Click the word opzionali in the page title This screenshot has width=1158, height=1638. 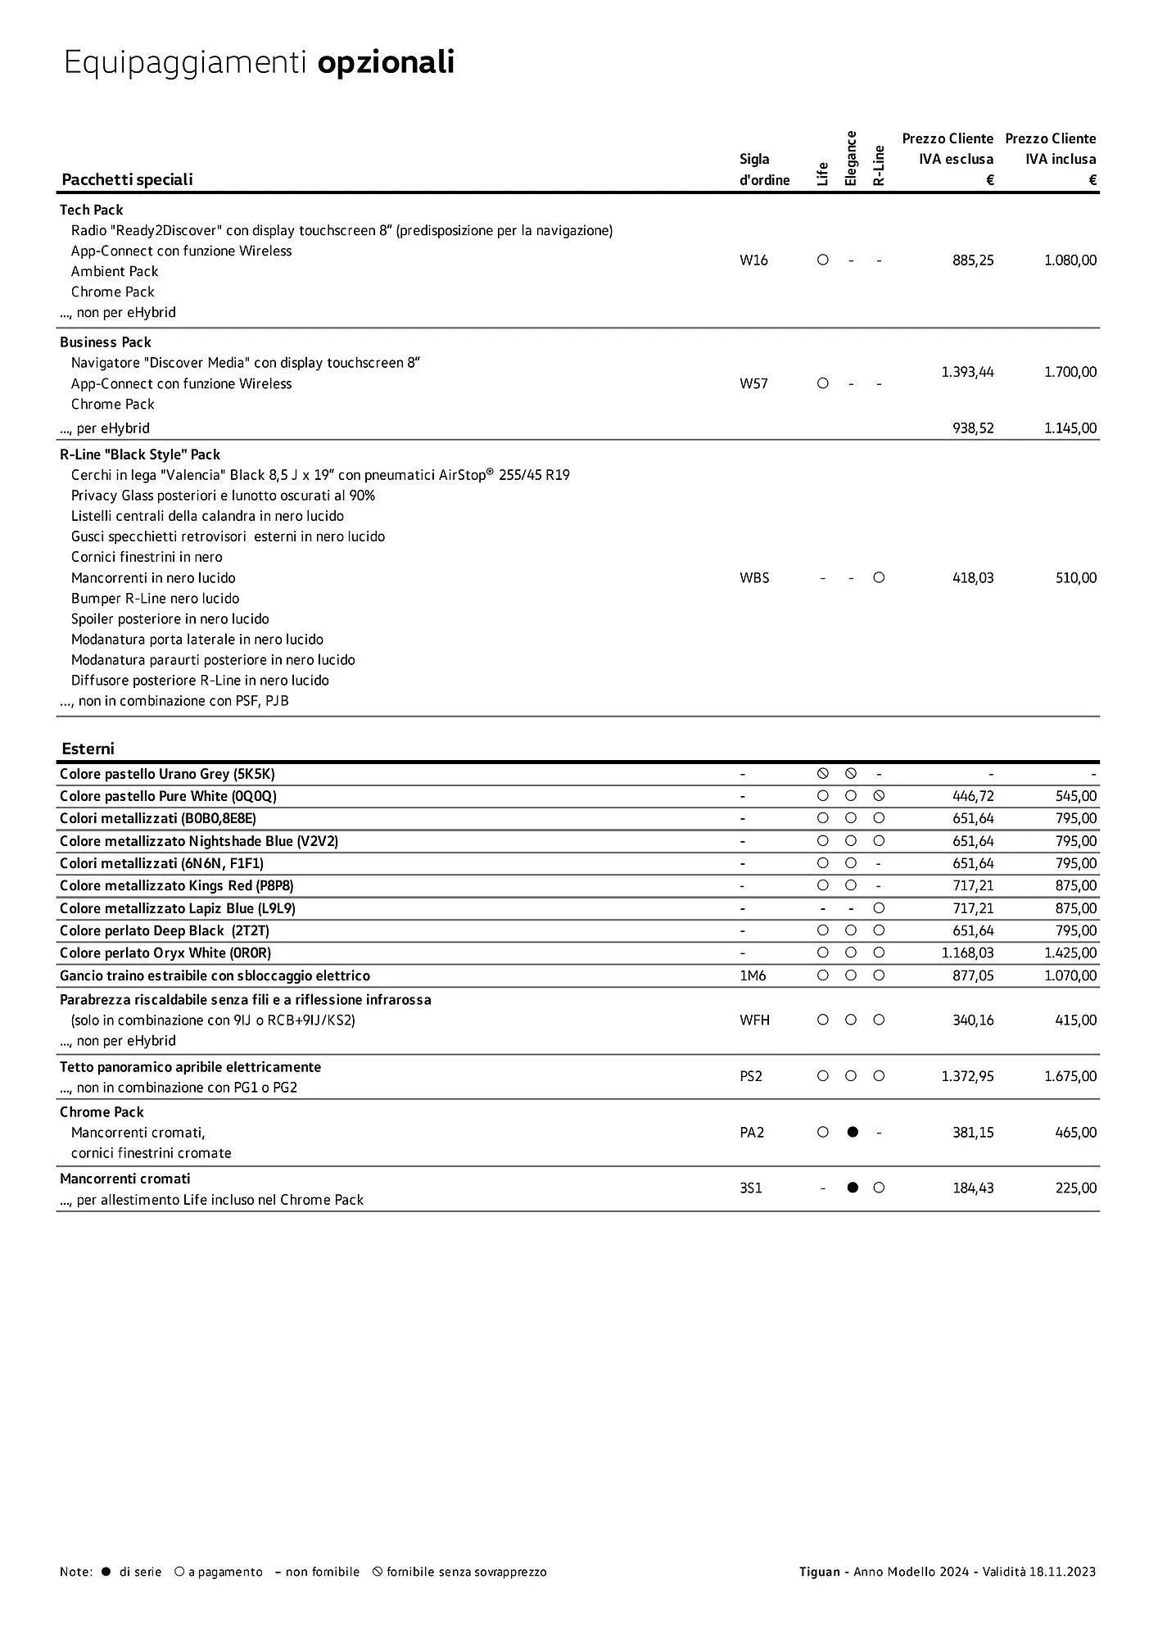[386, 63]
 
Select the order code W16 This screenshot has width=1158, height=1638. [753, 260]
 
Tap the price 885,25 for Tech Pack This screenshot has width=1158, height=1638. [973, 260]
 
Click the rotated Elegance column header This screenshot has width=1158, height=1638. [851, 158]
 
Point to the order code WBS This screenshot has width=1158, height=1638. [754, 578]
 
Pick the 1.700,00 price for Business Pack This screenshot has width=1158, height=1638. [1070, 372]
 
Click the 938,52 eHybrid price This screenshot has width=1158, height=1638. [973, 428]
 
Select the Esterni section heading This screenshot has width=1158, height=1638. [88, 749]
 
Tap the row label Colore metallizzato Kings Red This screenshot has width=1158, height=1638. [176, 885]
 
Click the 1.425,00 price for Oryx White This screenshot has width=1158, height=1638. [1070, 953]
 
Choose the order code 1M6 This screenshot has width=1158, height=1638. [753, 975]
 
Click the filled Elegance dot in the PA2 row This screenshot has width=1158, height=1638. [852, 1132]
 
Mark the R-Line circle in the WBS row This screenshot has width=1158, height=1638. [879, 577]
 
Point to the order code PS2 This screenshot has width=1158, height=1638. [751, 1076]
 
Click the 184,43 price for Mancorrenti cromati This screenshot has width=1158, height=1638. [973, 1188]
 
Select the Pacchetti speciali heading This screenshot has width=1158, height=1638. [127, 179]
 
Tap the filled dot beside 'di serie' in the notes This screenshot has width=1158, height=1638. [106, 1572]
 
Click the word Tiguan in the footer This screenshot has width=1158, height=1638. [819, 1572]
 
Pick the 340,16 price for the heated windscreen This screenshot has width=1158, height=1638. [973, 1020]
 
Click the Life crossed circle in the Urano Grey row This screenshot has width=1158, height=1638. [823, 773]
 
